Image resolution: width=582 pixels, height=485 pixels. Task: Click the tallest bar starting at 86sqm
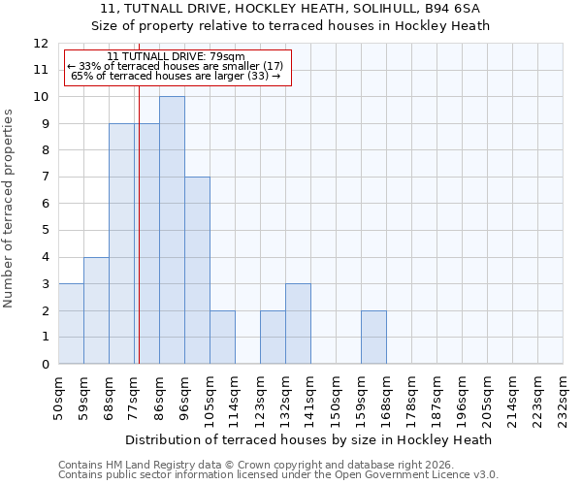(x=172, y=230)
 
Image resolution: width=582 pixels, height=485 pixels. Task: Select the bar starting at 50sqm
(x=71, y=323)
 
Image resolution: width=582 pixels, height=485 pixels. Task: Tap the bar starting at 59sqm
(x=96, y=310)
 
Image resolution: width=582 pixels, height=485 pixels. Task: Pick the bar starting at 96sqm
(x=197, y=270)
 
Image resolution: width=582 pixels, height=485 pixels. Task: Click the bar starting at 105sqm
(x=222, y=337)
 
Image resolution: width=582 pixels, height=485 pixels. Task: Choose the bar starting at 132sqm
(x=298, y=323)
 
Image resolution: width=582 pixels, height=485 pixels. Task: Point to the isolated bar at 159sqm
(x=373, y=337)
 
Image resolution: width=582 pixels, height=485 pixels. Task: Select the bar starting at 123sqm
(x=273, y=337)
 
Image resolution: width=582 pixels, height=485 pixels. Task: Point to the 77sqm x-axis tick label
(x=134, y=398)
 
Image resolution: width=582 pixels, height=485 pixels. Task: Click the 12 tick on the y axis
(x=41, y=44)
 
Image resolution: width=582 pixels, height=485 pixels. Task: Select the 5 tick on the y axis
(x=45, y=231)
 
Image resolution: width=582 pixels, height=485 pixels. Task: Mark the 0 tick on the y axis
(x=45, y=365)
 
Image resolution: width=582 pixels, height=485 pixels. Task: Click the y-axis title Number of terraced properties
(x=10, y=209)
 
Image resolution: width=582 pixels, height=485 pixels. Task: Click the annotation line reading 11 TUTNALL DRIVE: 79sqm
(x=177, y=57)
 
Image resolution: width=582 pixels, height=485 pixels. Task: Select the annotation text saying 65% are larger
(x=177, y=76)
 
